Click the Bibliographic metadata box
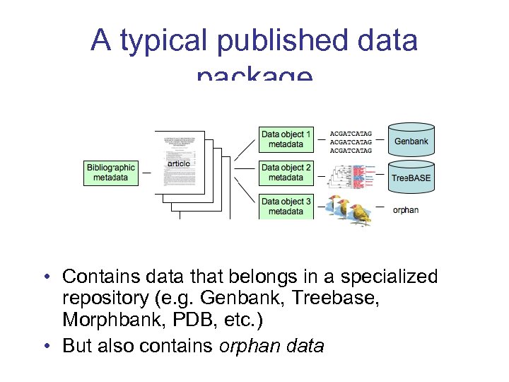[111, 172]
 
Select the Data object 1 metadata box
[286, 139]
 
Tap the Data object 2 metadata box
[286, 172]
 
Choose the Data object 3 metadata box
[286, 206]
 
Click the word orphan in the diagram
[405, 210]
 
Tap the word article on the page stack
[179, 164]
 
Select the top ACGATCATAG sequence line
[351, 132]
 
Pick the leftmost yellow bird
[332, 205]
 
